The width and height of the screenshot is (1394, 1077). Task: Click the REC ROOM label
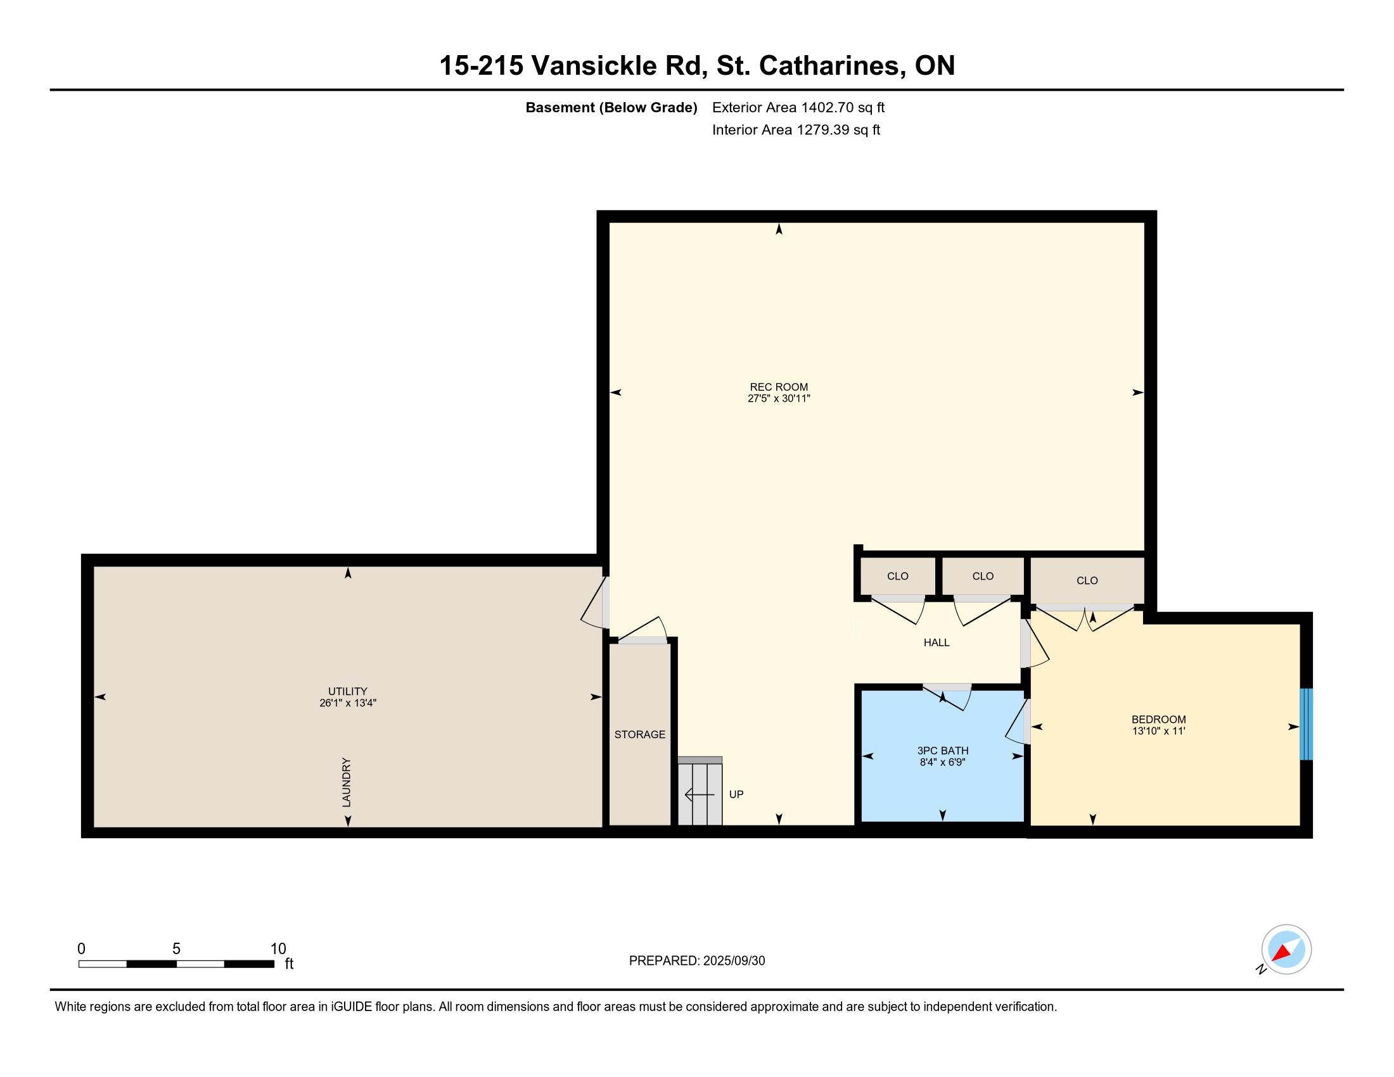point(779,386)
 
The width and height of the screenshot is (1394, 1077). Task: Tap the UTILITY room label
point(347,691)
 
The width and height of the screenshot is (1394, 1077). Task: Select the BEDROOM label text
point(1158,719)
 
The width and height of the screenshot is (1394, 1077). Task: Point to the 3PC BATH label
point(943,750)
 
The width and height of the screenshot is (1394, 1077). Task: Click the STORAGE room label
point(639,734)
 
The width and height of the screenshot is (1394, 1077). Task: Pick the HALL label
point(937,642)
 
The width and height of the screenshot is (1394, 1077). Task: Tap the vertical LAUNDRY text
point(347,782)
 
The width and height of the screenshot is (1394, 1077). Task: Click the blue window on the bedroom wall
point(1307,724)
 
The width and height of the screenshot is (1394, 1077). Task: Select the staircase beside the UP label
point(700,791)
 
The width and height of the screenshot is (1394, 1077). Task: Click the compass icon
point(1286,950)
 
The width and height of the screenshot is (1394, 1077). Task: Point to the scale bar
point(176,964)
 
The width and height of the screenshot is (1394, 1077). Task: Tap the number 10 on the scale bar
point(278,949)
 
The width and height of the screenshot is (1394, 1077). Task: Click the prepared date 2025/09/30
point(734,961)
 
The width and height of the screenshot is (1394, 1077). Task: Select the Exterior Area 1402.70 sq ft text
point(798,107)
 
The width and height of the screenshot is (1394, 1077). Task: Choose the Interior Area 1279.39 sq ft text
point(796,129)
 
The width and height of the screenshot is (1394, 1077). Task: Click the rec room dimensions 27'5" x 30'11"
point(779,398)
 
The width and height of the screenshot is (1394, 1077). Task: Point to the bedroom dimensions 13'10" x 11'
point(1158,731)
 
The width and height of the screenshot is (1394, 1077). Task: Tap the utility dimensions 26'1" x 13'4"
point(348,703)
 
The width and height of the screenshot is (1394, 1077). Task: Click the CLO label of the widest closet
point(1087,580)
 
